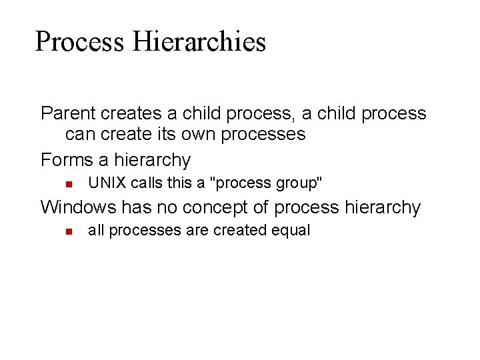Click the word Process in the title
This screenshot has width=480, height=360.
tap(79, 41)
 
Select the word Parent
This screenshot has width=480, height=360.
tap(69, 113)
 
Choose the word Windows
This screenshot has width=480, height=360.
tap(78, 207)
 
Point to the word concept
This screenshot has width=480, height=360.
tap(216, 207)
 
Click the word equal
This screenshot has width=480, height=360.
tap(291, 231)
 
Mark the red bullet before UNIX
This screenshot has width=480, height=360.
tap(68, 183)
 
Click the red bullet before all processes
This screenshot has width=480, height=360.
tap(68, 231)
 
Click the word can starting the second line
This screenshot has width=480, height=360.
tap(80, 134)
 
